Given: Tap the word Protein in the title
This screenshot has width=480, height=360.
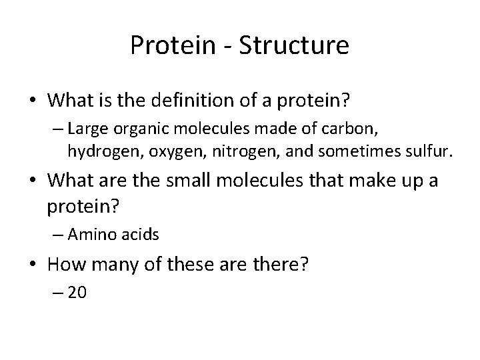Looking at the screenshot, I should click(x=171, y=45).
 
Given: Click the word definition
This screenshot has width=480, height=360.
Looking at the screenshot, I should click(x=187, y=101).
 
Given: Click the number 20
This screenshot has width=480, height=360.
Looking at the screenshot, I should click(x=77, y=293).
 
